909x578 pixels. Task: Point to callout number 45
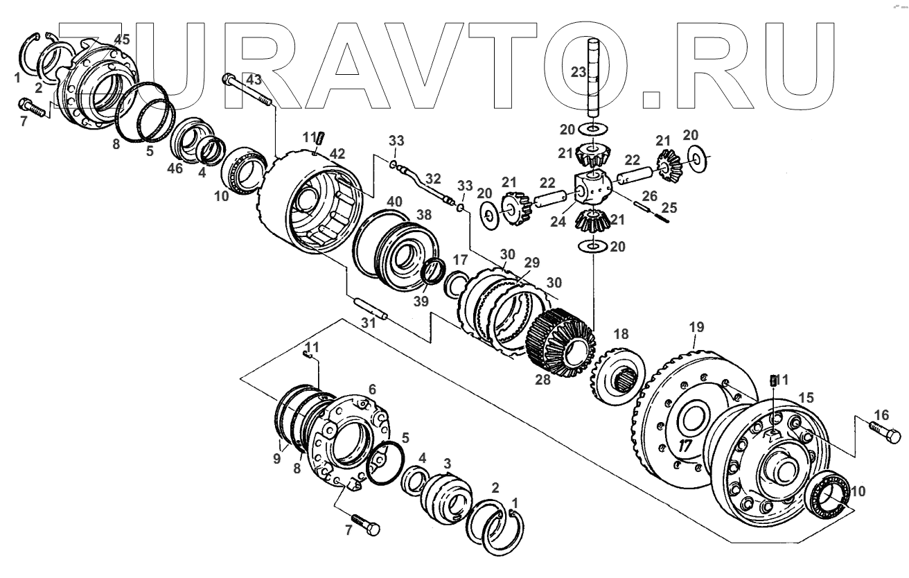121,40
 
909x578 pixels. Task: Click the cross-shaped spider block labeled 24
590,186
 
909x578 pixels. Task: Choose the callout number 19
696,326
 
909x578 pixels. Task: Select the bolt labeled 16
883,434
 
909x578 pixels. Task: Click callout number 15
806,398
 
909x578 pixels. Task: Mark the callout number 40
394,201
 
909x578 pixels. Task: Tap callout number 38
423,214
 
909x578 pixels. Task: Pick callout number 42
337,153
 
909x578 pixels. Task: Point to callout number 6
372,390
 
